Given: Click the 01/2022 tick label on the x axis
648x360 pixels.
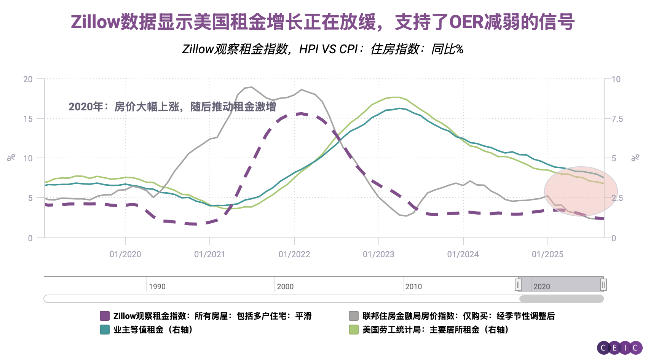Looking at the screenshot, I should tap(294, 254).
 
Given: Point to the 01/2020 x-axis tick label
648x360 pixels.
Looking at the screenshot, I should tap(125, 254).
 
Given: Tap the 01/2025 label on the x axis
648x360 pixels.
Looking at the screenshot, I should tap(547, 254).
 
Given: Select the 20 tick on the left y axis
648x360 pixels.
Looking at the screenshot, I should tap(28, 79).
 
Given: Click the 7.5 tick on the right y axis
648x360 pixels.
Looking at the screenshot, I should tap(617, 119).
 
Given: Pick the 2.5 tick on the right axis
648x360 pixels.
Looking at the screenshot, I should tap(617, 198).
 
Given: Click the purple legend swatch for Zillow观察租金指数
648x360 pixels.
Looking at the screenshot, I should tap(105, 316).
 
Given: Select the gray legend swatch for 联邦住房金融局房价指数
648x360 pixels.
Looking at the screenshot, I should tap(354, 316).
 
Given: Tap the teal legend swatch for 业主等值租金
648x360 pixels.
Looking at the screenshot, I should tap(105, 330).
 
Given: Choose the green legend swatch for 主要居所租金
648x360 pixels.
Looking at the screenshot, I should tap(354, 330).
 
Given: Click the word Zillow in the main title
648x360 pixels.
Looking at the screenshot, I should tap(95, 22).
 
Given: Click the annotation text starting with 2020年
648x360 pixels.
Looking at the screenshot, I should tap(172, 107).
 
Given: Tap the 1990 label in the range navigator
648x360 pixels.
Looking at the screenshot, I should tap(157, 287).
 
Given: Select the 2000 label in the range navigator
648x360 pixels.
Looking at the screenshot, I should tap(285, 287).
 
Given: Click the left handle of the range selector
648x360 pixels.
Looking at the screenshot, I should tap(518, 285).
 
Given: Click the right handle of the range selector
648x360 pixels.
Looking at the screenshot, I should tap(603, 285).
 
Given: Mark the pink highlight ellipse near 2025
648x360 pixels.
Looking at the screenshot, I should tap(581, 191).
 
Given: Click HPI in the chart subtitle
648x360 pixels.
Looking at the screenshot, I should tap(309, 49).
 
